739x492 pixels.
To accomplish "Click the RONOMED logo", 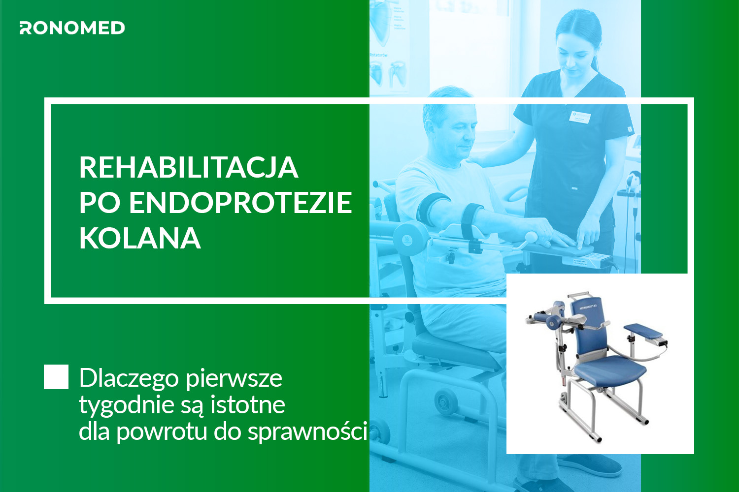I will (72, 28).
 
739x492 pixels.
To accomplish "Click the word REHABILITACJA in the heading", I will (188, 167).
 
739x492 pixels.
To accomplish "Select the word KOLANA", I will (139, 238).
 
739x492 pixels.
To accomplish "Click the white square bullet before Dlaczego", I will (56, 377).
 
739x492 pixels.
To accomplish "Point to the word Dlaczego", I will (129, 378).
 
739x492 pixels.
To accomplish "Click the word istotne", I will (247, 404).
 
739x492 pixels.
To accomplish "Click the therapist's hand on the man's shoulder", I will (480, 158).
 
